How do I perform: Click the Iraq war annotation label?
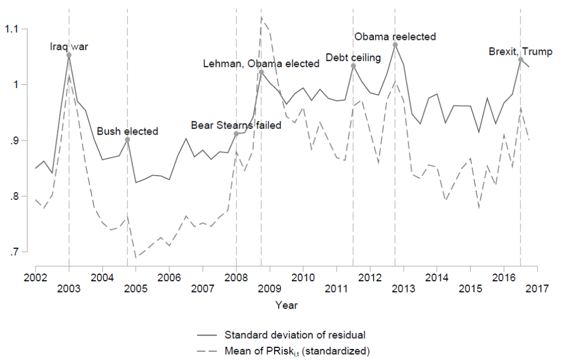pyautogui.click(x=69, y=47)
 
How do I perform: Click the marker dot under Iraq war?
pyautogui.click(x=69, y=55)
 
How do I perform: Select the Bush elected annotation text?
pyautogui.click(x=127, y=131)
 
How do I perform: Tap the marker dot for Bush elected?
pyautogui.click(x=127, y=140)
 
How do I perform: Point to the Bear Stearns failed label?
pyautogui.click(x=236, y=125)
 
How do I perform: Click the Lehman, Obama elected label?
pyautogui.click(x=261, y=64)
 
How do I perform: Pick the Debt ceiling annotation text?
pyautogui.click(x=353, y=58)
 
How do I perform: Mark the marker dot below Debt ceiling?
pyautogui.click(x=353, y=66)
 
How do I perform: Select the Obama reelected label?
pyautogui.click(x=395, y=37)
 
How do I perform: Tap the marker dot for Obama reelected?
pyautogui.click(x=395, y=45)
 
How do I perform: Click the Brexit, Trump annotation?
pyautogui.click(x=520, y=52)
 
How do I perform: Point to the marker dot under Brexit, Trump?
pyautogui.click(x=520, y=59)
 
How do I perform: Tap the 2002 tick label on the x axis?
pyautogui.click(x=35, y=275)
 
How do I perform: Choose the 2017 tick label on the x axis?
pyautogui.click(x=537, y=289)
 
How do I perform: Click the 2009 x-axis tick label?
pyautogui.click(x=269, y=289)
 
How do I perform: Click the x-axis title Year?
pyautogui.click(x=286, y=305)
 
